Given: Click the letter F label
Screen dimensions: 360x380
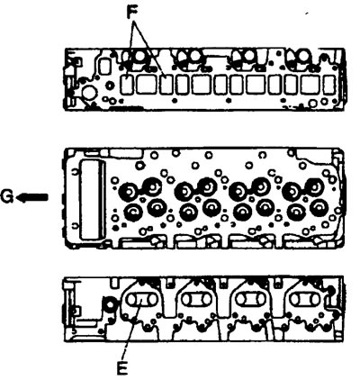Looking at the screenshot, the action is point(131,13).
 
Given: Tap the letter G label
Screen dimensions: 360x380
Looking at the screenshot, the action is point(6,197).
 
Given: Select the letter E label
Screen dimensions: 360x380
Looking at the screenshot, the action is point(122,368).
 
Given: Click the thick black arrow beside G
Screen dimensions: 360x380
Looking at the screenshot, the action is point(31,197).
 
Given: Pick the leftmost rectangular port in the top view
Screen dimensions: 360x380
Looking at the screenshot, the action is point(127,85).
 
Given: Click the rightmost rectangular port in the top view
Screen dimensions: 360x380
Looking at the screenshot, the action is point(329,85).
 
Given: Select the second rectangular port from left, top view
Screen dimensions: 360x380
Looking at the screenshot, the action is point(146,85).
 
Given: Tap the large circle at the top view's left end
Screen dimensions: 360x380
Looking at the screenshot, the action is point(88,93).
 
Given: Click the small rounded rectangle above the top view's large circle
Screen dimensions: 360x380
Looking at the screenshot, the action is point(104,66).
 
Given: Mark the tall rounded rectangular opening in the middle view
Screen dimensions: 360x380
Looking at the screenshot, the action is point(92,200).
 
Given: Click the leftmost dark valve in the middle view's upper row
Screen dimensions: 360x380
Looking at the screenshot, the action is point(128,191).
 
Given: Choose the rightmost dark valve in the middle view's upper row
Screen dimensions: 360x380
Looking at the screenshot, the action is point(313,186).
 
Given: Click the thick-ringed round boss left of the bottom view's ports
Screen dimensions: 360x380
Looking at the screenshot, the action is point(109,304).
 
